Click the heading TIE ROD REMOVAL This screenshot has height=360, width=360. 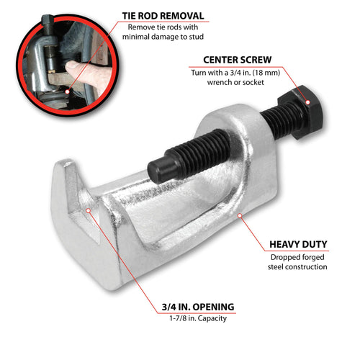[163, 16]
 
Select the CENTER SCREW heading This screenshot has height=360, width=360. [238, 60]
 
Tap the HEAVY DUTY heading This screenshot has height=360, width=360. [298, 244]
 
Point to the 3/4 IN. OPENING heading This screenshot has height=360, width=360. [198, 307]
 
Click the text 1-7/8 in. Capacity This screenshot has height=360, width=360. [198, 318]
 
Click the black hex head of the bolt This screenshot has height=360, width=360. [303, 112]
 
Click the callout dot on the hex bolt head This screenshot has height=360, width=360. [307, 102]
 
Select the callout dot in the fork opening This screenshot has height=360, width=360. [88, 210]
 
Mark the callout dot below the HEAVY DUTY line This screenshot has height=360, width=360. [240, 216]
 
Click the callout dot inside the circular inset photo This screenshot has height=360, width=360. [68, 91]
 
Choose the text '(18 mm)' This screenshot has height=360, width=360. [266, 73]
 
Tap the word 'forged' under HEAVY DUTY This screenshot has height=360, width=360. [311, 258]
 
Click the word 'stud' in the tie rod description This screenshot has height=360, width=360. [196, 37]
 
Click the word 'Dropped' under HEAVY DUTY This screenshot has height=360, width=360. [283, 258]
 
